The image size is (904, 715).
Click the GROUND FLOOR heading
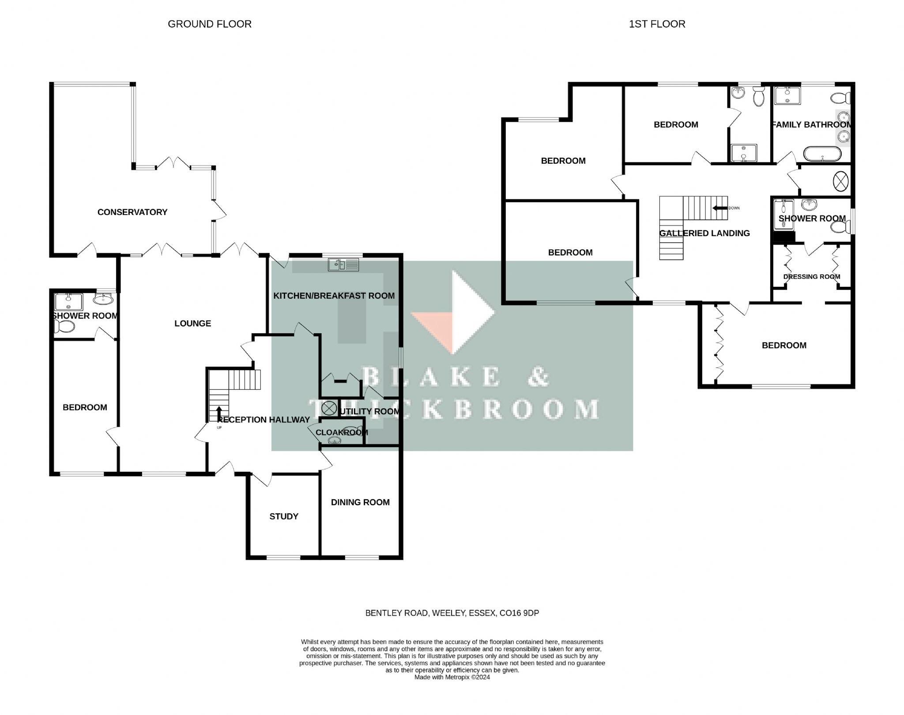coord(210,24)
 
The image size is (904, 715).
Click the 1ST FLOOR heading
coord(657,24)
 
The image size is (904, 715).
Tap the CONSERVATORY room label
coord(132,212)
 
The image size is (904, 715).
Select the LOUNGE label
coord(192,324)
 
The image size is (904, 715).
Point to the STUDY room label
coord(284,516)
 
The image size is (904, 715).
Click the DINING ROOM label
coord(360,502)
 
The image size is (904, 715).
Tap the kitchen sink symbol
coord(343,265)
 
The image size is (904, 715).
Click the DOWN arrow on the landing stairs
coord(720,208)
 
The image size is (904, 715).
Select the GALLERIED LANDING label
coord(704,233)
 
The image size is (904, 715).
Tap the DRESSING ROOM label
coord(812,277)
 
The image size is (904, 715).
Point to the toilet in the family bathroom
coord(840,98)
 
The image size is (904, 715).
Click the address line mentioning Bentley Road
coord(452,613)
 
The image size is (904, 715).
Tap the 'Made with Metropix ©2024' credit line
coord(452,677)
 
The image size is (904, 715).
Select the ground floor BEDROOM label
coord(85,407)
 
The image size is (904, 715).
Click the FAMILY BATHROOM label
coord(812,125)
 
